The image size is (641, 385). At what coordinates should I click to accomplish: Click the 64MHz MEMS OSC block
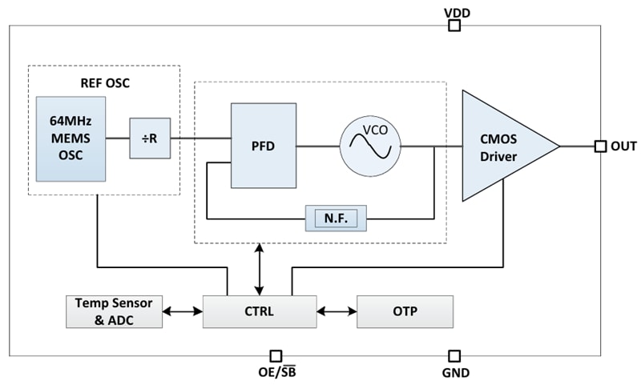71,138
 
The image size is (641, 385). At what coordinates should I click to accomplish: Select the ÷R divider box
150,138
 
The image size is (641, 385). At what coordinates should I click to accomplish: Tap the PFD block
263,146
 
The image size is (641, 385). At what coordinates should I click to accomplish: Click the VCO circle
370,146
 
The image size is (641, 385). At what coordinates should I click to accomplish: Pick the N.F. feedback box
336,217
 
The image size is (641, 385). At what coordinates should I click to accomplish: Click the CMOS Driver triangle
501,146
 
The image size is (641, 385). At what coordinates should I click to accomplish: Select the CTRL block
259,311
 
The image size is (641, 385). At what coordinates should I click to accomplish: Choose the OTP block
405,311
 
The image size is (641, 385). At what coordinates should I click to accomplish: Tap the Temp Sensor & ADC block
113,311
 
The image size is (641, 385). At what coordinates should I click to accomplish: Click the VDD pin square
454,26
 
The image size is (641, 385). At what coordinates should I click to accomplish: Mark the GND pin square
454,355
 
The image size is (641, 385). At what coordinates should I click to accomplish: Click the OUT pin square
599,146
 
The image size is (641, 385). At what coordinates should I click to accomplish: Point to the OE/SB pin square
276,355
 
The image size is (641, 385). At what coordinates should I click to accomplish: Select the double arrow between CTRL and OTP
337,311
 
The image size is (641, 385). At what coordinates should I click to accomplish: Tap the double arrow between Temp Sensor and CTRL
183,311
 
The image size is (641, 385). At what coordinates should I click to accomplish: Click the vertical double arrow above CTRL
258,270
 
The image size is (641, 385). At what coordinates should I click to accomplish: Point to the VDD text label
457,12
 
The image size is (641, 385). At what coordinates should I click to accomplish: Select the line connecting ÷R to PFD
200,138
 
